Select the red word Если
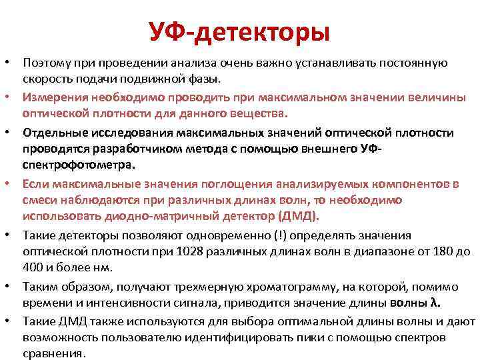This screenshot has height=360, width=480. (x=33, y=182)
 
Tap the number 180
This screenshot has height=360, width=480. (x=434, y=251)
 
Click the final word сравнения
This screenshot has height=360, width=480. (x=54, y=354)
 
